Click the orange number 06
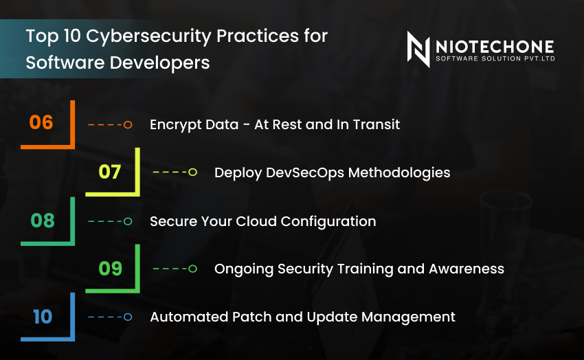pyautogui.click(x=41, y=123)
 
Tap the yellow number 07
pyautogui.click(x=110, y=171)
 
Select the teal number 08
pyautogui.click(x=43, y=221)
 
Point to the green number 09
pyautogui.click(x=111, y=268)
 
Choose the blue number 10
pyautogui.click(x=43, y=316)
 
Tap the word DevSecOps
pyautogui.click(x=305, y=172)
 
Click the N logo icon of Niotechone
pyautogui.click(x=418, y=50)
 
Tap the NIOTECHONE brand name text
pyautogui.click(x=495, y=46)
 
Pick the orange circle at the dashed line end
pyautogui.click(x=128, y=125)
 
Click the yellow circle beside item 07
pyautogui.click(x=192, y=172)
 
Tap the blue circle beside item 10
pyautogui.click(x=128, y=317)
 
